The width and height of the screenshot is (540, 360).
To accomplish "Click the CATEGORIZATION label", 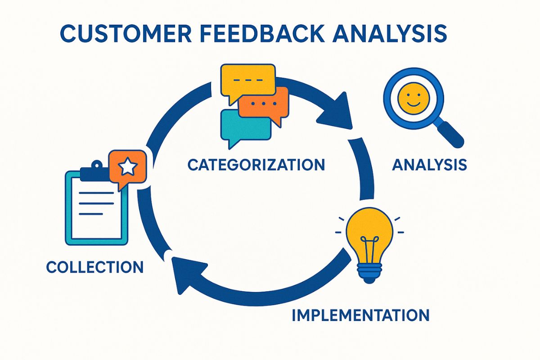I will point(256,165).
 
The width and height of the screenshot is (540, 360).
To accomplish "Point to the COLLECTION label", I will point(95,267).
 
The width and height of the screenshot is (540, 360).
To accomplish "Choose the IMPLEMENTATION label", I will point(360,315).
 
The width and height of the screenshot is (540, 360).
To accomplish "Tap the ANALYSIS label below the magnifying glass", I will point(429,165).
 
